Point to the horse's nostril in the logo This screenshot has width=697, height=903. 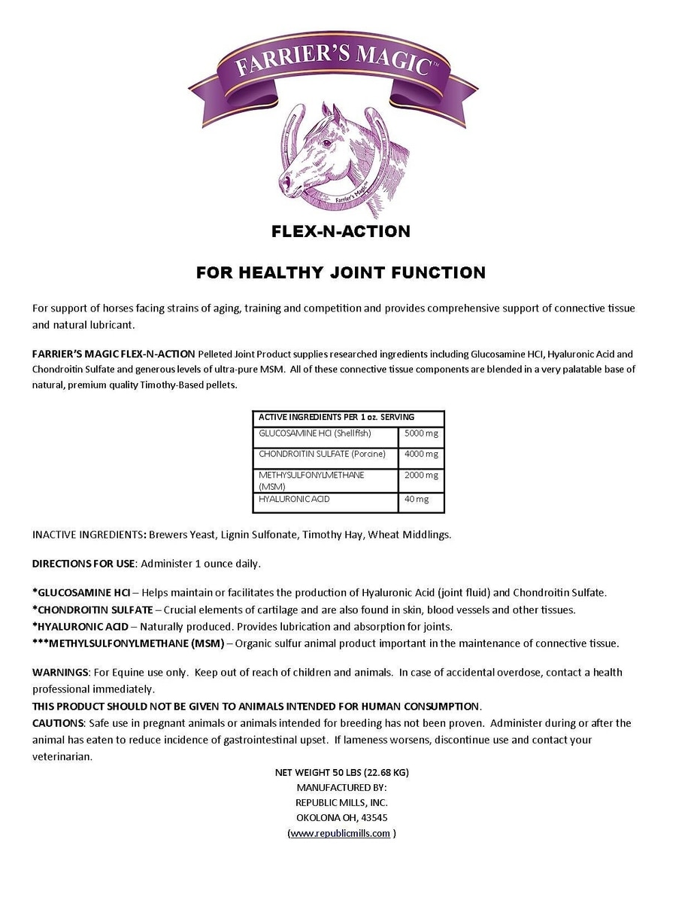coord(286,182)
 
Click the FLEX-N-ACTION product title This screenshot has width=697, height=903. coord(341,232)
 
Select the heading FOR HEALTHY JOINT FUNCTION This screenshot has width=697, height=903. coord(341,272)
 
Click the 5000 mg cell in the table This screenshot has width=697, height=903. coord(421,434)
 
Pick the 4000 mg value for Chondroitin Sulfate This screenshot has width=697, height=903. coord(421,455)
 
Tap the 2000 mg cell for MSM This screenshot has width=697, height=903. coord(421,476)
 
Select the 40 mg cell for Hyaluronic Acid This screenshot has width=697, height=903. coord(415,499)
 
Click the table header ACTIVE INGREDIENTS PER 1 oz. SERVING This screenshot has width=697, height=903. coord(336,417)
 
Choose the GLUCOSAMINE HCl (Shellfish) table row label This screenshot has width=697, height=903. coord(315,434)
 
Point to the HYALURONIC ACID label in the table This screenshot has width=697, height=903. coord(294,499)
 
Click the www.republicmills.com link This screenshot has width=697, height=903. coord(341,833)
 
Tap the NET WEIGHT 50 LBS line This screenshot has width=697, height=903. coord(342,772)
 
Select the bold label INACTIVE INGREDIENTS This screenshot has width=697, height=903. coord(88,534)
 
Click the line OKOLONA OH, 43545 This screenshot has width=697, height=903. coord(342,818)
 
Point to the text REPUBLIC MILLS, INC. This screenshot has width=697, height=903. coord(342,803)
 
